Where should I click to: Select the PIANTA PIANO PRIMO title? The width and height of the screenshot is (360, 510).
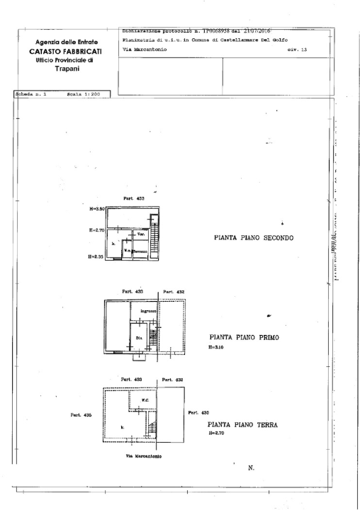coord(243,338)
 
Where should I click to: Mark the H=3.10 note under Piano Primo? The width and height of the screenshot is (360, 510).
coord(217,348)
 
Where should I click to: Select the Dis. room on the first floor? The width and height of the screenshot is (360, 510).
coord(139,339)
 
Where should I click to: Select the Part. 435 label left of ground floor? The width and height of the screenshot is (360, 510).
coord(80,415)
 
